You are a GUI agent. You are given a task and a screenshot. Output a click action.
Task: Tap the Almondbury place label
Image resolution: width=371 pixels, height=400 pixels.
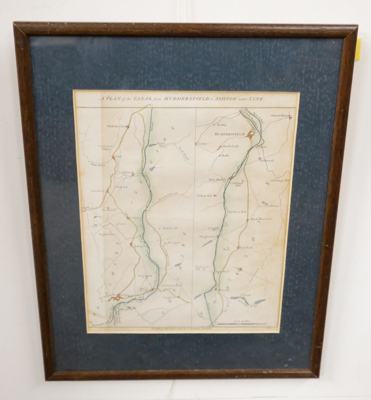(280, 116)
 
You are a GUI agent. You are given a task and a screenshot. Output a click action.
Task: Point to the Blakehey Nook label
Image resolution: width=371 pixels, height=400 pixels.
(117, 126)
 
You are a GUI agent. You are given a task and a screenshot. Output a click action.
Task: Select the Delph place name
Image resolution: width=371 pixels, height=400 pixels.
(118, 156)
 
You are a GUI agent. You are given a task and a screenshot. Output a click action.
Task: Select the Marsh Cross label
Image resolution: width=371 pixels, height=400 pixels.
(230, 146)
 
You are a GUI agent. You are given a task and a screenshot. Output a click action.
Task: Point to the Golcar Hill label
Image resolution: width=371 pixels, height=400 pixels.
(204, 195)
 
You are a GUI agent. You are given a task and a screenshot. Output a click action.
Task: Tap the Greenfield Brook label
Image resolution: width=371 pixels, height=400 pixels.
(169, 195)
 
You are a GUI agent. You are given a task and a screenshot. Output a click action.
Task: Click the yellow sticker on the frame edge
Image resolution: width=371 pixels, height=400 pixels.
(358, 49)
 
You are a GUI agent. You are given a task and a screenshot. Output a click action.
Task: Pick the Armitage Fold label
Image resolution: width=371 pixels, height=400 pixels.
(280, 181)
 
